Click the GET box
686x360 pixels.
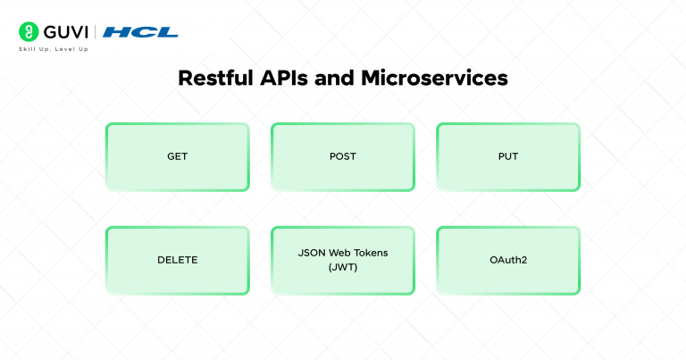(177, 156)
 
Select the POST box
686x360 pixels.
(342, 156)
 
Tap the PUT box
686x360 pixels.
(508, 156)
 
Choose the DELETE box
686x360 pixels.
(177, 260)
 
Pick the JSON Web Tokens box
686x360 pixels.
(342, 260)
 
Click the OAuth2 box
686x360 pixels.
(508, 260)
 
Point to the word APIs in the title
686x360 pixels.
(283, 78)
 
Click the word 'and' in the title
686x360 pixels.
(337, 78)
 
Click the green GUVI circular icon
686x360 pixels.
(28, 32)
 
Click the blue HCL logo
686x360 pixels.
(140, 32)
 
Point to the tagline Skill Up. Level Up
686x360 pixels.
(54, 49)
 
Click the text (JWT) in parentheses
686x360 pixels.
(343, 267)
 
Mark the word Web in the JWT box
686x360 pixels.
(340, 253)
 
